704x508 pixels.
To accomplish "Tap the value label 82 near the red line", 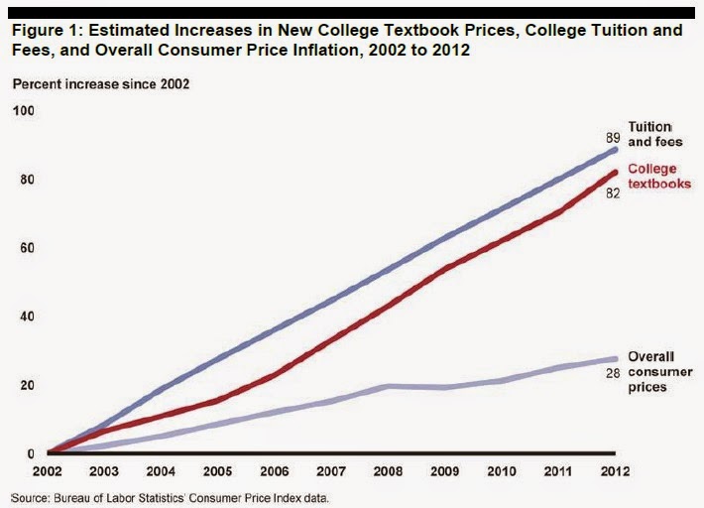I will (613, 192).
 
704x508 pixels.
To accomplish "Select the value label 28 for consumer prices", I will (613, 373).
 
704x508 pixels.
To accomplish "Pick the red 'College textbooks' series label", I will (659, 177).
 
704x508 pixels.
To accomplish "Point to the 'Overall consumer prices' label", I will (655, 371).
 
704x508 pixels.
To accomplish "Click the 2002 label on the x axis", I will (48, 469).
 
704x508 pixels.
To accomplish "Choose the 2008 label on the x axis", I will (388, 469).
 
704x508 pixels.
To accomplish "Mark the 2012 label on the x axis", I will (615, 469).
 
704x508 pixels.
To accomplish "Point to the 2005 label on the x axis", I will (218, 469).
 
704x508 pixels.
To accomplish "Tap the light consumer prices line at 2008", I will (388, 385).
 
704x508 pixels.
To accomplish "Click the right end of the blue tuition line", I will (614, 149).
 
